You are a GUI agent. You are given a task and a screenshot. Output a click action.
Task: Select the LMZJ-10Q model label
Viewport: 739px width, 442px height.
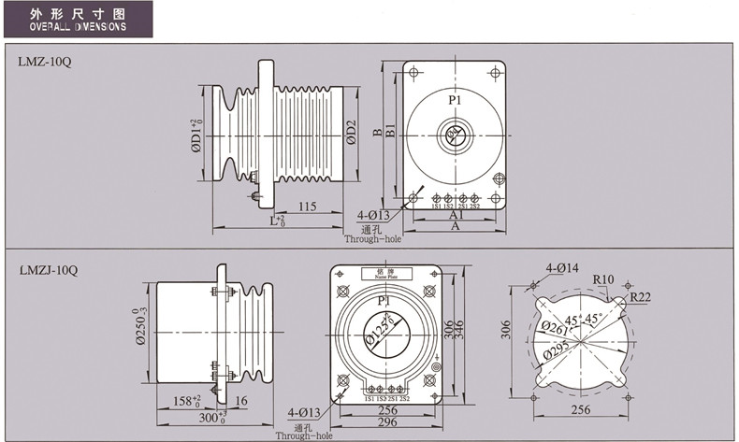(48, 270)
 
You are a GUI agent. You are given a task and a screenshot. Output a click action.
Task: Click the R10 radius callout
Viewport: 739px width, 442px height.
(602, 278)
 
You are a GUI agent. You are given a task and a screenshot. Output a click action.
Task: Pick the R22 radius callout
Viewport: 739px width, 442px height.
(641, 297)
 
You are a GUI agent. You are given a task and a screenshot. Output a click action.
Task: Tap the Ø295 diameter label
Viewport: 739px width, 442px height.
(554, 353)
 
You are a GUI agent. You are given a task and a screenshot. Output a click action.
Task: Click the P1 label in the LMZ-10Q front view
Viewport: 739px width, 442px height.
(455, 99)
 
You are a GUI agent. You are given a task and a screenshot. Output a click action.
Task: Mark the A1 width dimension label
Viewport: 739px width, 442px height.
(456, 214)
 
